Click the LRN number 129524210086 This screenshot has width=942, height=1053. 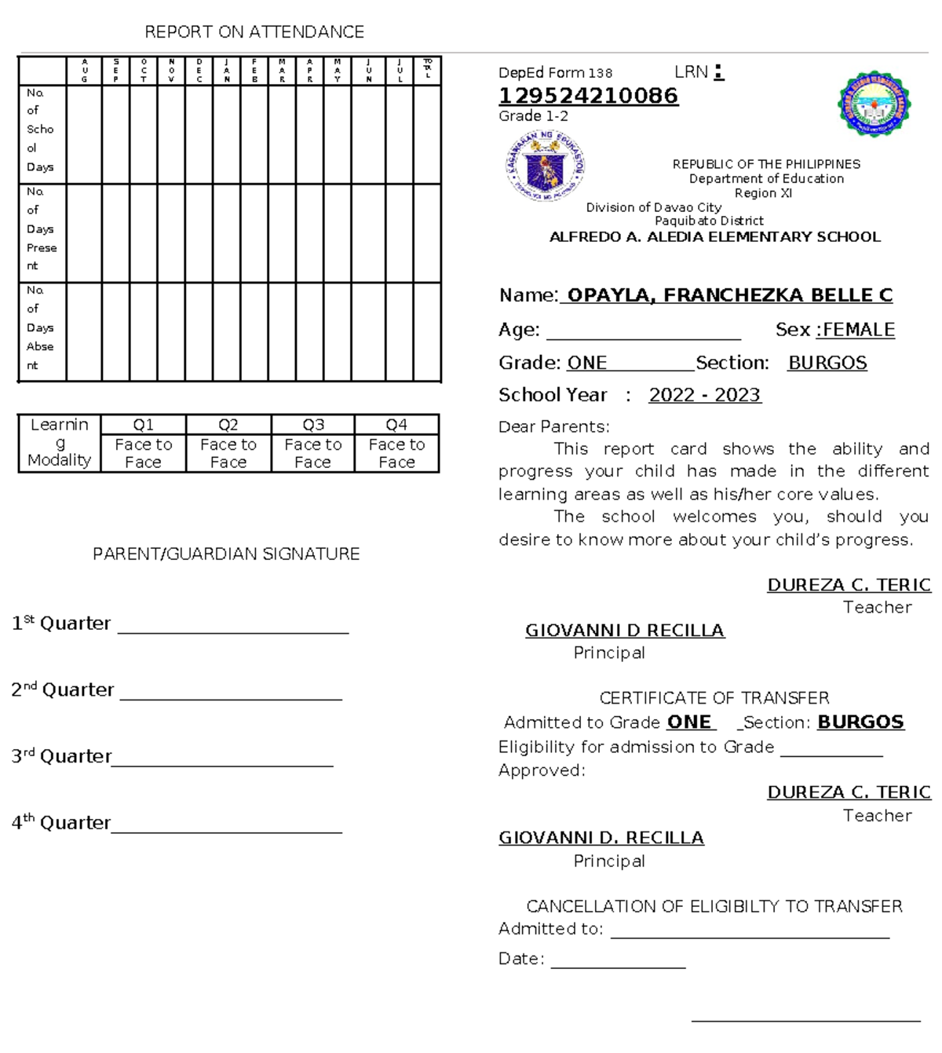click(588, 96)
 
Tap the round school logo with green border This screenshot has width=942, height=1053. click(874, 104)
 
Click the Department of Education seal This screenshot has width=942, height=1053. click(545, 166)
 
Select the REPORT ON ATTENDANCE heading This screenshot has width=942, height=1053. click(254, 32)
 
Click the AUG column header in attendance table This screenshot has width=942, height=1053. click(85, 71)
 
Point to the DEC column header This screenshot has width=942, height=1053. click(199, 71)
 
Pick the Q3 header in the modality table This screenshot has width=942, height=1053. click(313, 425)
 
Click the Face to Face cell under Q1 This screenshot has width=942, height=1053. click(144, 454)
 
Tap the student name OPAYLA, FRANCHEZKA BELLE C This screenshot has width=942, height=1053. click(729, 295)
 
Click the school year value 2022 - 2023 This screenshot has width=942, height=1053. click(705, 395)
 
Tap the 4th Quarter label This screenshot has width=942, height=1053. click(60, 823)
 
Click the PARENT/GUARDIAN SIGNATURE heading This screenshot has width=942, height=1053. click(226, 554)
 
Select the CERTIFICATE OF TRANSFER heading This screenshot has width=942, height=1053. click(714, 698)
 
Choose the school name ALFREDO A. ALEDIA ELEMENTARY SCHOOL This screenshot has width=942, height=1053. click(715, 237)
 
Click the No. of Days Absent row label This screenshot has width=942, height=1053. click(40, 328)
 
